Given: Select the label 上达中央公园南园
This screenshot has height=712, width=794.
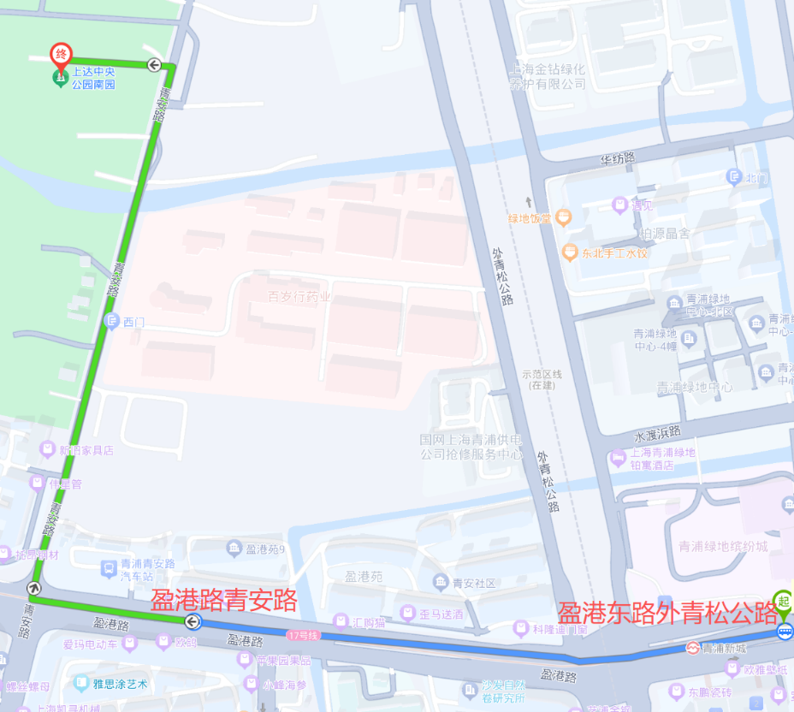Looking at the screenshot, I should click(x=93, y=79).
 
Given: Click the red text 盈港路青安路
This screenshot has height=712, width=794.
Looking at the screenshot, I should click(x=223, y=599).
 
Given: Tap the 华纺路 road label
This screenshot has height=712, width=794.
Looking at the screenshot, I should click(x=617, y=158).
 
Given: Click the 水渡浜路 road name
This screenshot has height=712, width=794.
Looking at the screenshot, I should click(x=657, y=431).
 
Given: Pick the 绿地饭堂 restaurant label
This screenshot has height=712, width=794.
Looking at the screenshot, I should click(x=531, y=218).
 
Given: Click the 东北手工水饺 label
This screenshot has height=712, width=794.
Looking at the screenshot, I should click(x=615, y=253).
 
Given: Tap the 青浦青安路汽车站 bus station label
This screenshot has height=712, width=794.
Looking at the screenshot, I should click(x=147, y=570).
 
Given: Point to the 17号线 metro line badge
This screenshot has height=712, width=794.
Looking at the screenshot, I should click(x=303, y=635).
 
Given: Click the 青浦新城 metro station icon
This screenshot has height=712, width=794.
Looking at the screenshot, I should click(x=692, y=648).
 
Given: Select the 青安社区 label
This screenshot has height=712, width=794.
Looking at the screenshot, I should click(x=474, y=584).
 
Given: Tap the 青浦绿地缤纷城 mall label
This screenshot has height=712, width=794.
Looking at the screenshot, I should click(x=723, y=546).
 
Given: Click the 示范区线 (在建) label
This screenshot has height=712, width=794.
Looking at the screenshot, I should click(x=541, y=379).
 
